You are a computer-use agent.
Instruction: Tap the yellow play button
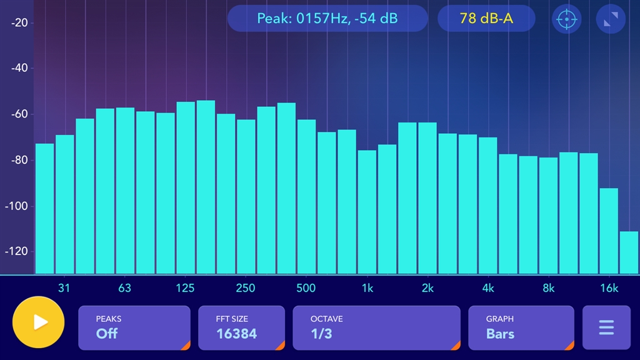click(38, 322)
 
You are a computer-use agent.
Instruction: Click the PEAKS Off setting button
click(134, 327)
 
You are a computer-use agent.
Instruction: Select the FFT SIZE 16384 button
click(241, 327)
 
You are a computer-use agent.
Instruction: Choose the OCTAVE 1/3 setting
click(376, 327)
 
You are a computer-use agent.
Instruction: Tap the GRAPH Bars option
click(521, 327)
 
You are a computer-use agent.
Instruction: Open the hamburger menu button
click(606, 327)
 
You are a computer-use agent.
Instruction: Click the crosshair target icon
click(566, 19)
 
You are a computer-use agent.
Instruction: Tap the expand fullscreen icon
click(611, 19)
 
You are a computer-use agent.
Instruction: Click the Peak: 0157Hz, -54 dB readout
click(327, 19)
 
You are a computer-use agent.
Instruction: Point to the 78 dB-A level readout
click(486, 19)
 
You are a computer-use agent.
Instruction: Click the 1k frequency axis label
click(367, 288)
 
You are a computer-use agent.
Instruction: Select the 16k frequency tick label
click(609, 288)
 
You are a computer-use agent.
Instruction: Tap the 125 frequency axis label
click(185, 288)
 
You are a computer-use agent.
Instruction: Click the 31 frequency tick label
click(64, 288)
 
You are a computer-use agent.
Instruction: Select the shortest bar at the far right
click(629, 252)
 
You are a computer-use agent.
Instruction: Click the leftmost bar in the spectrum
click(44, 209)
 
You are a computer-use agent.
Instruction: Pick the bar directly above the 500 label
click(306, 196)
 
